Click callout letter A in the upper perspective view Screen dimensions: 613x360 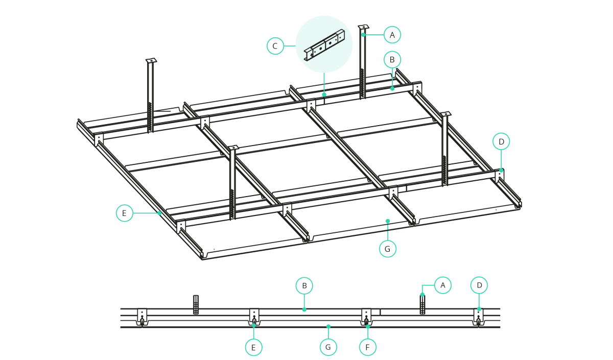(x=392, y=35)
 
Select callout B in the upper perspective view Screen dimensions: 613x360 (x=392, y=59)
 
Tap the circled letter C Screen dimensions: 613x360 (x=275, y=46)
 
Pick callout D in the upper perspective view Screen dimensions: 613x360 (x=501, y=141)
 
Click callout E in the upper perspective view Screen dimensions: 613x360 (x=125, y=213)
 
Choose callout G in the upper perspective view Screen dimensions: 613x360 (x=388, y=249)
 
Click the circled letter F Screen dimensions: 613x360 (x=367, y=347)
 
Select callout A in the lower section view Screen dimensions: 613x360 (x=443, y=285)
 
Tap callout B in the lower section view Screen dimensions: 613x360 (x=304, y=285)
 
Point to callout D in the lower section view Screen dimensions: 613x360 (x=479, y=285)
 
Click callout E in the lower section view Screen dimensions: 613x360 (x=254, y=347)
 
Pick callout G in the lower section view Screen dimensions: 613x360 (x=328, y=347)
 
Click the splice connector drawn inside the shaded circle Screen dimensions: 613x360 (x=324, y=45)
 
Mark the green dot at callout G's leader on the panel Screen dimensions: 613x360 (x=388, y=221)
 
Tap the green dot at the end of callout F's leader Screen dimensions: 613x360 (x=367, y=326)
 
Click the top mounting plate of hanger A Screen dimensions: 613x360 (x=363, y=27)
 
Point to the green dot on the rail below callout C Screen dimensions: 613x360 (x=324, y=94)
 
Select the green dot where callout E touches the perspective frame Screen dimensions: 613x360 (x=159, y=213)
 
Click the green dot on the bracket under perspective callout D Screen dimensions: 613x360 (x=501, y=170)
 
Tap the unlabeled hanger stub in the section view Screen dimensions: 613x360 (x=196, y=304)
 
